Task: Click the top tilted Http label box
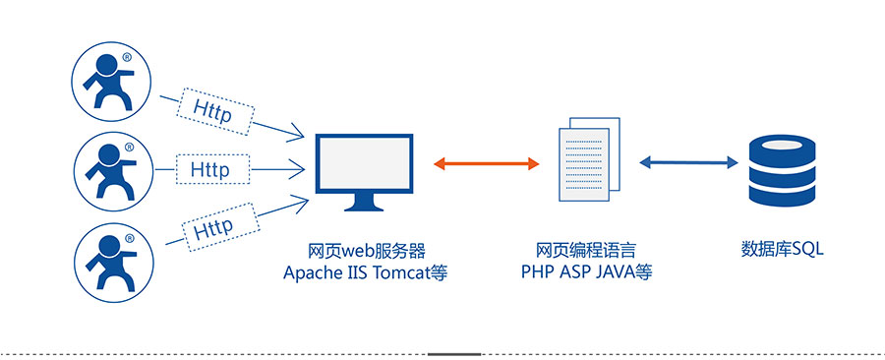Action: [x=213, y=110]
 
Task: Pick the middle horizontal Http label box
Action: [x=209, y=170]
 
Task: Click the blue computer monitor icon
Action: [x=365, y=173]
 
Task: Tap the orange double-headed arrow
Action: [x=489, y=163]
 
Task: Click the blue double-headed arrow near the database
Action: [x=688, y=163]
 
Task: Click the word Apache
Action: [x=313, y=272]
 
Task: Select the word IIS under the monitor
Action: [x=364, y=272]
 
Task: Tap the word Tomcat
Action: [x=411, y=272]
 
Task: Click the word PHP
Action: [x=538, y=272]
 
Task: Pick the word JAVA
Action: [x=617, y=272]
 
